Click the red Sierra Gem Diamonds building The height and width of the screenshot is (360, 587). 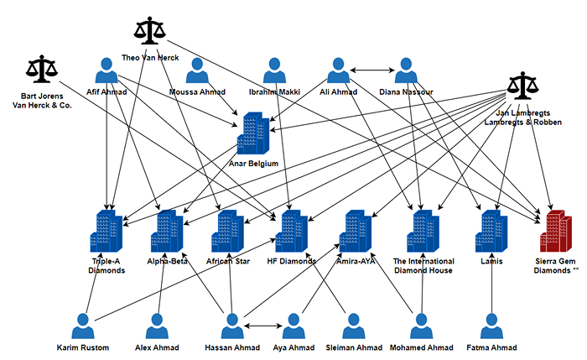(556, 231)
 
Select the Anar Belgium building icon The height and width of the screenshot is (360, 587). (253, 133)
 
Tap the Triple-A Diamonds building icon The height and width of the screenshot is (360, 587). (106, 231)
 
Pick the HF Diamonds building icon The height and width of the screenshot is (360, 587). (292, 231)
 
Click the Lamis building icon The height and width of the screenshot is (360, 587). (491, 231)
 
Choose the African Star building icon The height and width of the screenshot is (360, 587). (227, 231)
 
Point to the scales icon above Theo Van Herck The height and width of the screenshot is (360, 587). (150, 31)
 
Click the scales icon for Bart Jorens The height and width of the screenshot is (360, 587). (42, 69)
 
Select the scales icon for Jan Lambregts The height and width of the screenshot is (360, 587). (523, 86)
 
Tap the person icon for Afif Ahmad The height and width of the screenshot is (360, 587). (106, 70)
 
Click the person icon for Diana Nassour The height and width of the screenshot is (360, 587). (406, 70)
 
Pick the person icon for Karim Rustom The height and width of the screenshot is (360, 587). (83, 326)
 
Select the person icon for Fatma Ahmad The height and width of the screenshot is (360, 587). (491, 326)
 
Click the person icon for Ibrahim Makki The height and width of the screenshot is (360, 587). (274, 70)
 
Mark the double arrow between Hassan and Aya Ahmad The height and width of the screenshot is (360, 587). (262, 326)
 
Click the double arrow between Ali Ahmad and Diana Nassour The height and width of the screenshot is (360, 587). (372, 70)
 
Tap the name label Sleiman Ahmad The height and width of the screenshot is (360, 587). (354, 347)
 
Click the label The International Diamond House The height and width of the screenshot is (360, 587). (423, 266)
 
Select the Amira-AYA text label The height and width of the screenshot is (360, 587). (356, 261)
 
